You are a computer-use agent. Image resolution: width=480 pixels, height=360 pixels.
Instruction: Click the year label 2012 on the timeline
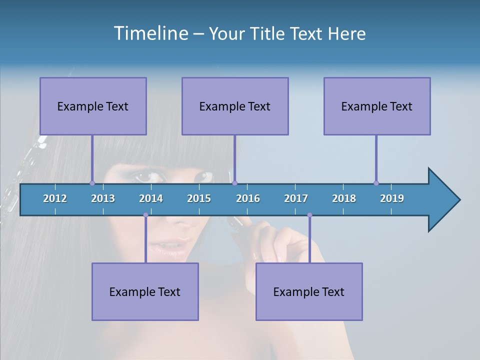tap(55, 198)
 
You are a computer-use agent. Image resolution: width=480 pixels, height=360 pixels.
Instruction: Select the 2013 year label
tap(103, 198)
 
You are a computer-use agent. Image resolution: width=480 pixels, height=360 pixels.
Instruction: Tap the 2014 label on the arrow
tap(151, 198)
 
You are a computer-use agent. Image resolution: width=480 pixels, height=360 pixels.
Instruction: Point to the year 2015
tap(199, 198)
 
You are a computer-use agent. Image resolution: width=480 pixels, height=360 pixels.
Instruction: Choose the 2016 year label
tap(248, 198)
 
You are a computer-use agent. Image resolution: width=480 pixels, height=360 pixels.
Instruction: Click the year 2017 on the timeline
tap(296, 198)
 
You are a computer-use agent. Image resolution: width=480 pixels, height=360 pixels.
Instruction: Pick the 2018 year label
tap(344, 198)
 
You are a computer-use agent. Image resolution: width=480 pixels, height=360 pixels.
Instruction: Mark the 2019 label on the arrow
tap(392, 198)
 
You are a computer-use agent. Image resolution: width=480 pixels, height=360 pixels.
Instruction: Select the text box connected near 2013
tap(93, 106)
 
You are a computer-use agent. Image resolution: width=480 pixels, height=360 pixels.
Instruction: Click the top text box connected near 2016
tap(235, 106)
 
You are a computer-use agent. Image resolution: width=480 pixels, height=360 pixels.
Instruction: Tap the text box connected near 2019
tap(377, 106)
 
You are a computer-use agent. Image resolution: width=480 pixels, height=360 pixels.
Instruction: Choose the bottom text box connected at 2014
tap(145, 291)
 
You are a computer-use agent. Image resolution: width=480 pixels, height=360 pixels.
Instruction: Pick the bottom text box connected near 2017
tap(309, 291)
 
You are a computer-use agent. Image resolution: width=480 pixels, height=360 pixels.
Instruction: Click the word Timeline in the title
tap(150, 33)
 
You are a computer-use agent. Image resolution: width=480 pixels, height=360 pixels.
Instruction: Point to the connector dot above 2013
tap(92, 183)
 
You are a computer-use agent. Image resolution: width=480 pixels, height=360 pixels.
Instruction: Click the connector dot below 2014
tap(145, 215)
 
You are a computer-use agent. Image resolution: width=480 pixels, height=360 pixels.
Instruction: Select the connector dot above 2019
tap(376, 183)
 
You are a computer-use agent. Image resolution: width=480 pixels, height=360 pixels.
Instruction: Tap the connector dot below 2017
tap(309, 215)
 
